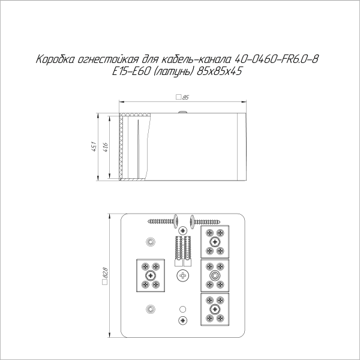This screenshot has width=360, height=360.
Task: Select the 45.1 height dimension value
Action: click(x=94, y=146)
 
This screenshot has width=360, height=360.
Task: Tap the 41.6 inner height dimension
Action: click(x=106, y=146)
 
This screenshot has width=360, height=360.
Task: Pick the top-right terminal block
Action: click(x=215, y=242)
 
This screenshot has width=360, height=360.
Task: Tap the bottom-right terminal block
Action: click(x=215, y=309)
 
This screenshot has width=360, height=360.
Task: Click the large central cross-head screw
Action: click(x=182, y=275)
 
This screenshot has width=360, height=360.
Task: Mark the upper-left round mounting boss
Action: click(x=150, y=242)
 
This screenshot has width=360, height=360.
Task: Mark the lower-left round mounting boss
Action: click(x=150, y=309)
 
